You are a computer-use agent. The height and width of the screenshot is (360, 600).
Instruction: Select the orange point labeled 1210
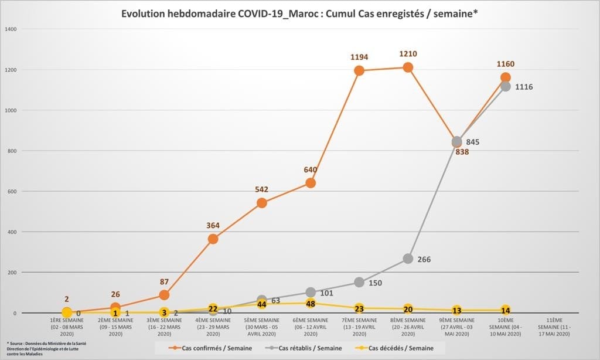[x=408, y=67]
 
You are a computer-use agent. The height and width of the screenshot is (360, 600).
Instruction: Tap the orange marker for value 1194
[x=359, y=70]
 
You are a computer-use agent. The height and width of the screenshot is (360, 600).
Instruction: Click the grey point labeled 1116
[x=505, y=86]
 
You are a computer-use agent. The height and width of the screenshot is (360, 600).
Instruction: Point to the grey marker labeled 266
[x=408, y=259]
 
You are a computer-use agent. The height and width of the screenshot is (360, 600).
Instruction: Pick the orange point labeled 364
[x=213, y=239]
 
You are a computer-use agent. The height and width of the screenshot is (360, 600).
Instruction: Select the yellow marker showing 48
[x=311, y=304]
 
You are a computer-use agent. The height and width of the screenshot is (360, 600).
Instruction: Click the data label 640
[x=311, y=170]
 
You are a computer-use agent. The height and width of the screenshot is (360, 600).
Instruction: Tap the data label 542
[x=262, y=190]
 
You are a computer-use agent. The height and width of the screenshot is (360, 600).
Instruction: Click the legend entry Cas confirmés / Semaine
[x=212, y=348]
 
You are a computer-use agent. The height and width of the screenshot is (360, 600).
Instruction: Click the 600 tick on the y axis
[x=11, y=191]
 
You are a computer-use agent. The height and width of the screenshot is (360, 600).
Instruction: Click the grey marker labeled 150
[x=359, y=282]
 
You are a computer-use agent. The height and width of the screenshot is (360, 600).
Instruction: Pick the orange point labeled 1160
[x=505, y=77]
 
